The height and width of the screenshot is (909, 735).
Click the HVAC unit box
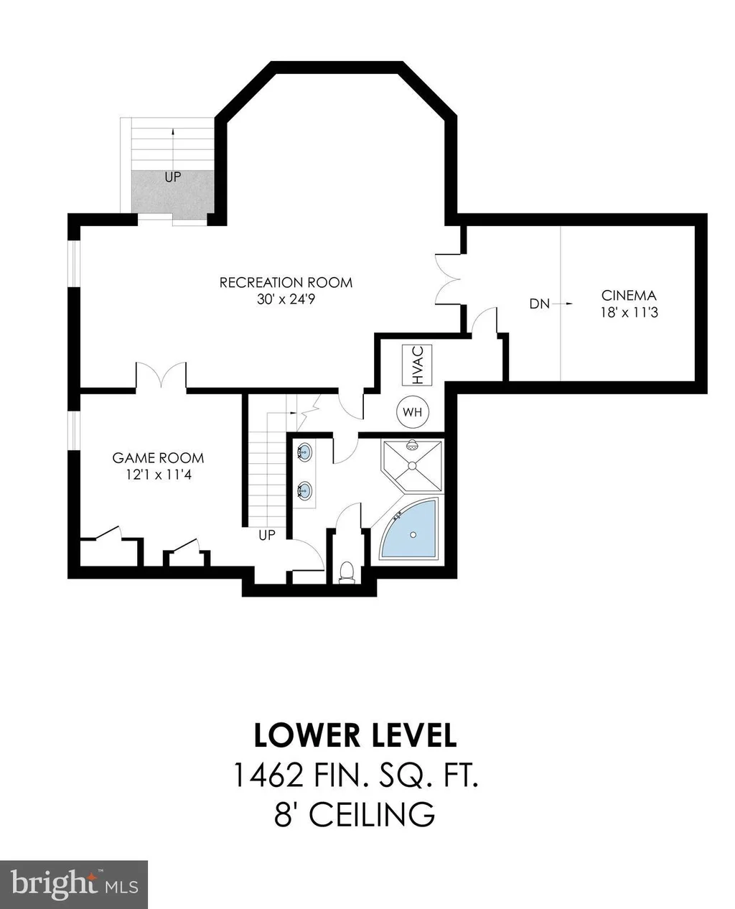coord(416,364)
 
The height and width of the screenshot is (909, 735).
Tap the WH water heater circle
coord(412,411)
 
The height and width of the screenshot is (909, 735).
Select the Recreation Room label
coord(286,282)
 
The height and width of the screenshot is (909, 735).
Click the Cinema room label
coord(628,295)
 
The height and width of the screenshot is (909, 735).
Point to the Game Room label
coord(158,457)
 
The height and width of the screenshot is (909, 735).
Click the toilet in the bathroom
coord(347,572)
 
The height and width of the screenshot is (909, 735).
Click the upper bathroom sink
coord(304,452)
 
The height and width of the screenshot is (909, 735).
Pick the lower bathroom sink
coord(304,490)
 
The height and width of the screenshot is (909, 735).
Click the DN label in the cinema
coord(539,304)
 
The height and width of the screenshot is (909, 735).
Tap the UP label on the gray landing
coord(172,177)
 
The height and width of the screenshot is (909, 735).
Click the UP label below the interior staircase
coord(266,535)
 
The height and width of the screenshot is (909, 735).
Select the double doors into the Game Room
coord(161,376)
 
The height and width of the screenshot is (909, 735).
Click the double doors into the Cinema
coord(447,279)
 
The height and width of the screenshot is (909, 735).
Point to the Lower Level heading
coord(355,735)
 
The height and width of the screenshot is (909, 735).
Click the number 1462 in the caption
coord(268,775)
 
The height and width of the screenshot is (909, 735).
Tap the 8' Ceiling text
coord(355,814)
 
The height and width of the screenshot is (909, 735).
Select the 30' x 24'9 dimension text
coord(286,299)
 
